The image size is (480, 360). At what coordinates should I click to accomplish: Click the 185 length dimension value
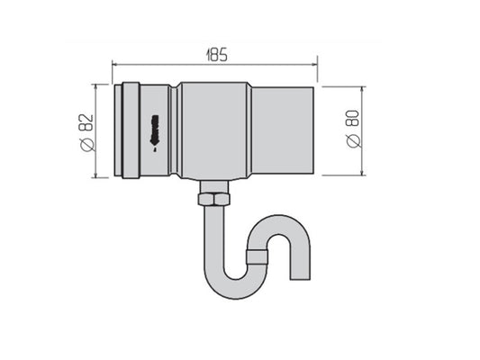(217, 55)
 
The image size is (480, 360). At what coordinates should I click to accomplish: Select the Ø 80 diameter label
(354, 129)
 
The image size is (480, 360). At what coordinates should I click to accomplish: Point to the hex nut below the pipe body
(214, 199)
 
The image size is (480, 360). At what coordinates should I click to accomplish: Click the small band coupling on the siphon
(258, 256)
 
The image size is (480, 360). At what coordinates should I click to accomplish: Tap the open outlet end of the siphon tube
(300, 279)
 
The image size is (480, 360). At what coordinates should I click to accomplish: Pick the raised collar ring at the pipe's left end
(131, 130)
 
